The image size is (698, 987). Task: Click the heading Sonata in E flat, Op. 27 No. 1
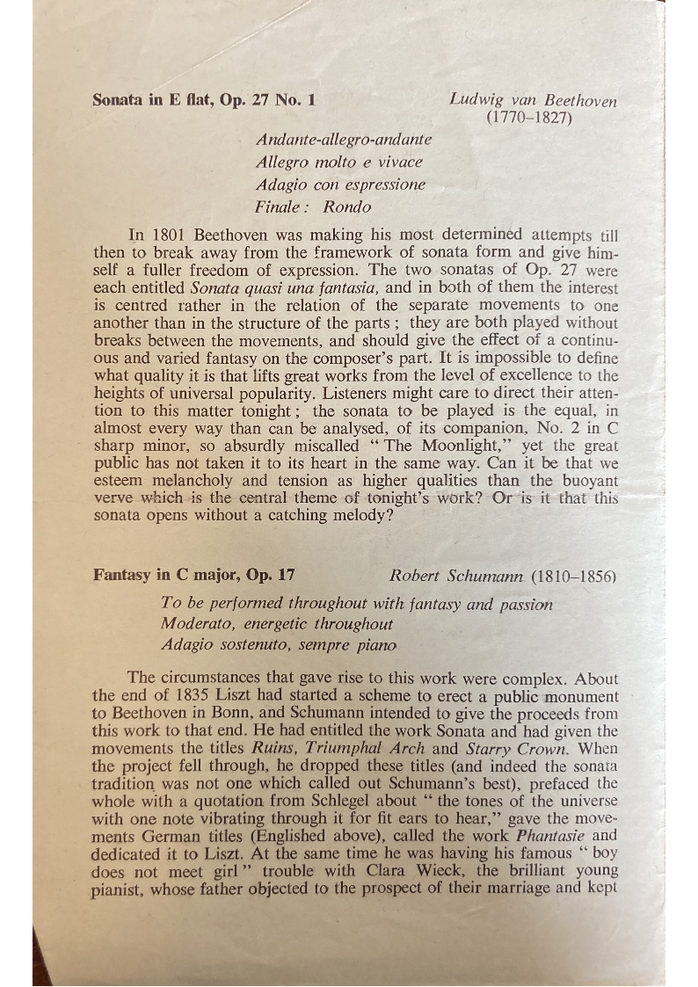pos(203,100)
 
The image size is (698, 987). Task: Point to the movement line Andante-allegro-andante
pos(344,140)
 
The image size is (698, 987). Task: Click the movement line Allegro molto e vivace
pos(338,162)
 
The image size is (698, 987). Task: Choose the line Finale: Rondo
pos(313,207)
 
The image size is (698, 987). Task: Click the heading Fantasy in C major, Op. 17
pos(193,576)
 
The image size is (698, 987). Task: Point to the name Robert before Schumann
pos(417,576)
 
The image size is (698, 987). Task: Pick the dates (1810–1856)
pos(573,576)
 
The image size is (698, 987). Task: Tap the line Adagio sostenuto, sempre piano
pos(279,645)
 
